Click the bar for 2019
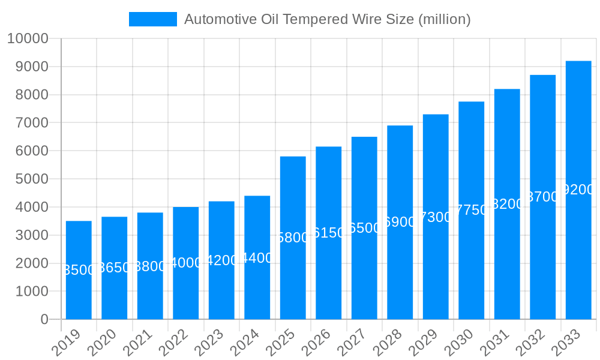[79, 270]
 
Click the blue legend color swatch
[153, 19]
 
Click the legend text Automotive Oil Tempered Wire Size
[327, 19]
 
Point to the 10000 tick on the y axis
[28, 39]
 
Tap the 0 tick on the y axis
[44, 320]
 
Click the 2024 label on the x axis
[245, 343]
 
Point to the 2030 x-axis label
[460, 343]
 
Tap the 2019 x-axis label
[67, 343]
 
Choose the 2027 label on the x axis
[352, 343]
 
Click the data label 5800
[293, 238]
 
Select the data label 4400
[257, 258]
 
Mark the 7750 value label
[472, 210]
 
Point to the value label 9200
[578, 190]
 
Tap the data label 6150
[329, 233]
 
